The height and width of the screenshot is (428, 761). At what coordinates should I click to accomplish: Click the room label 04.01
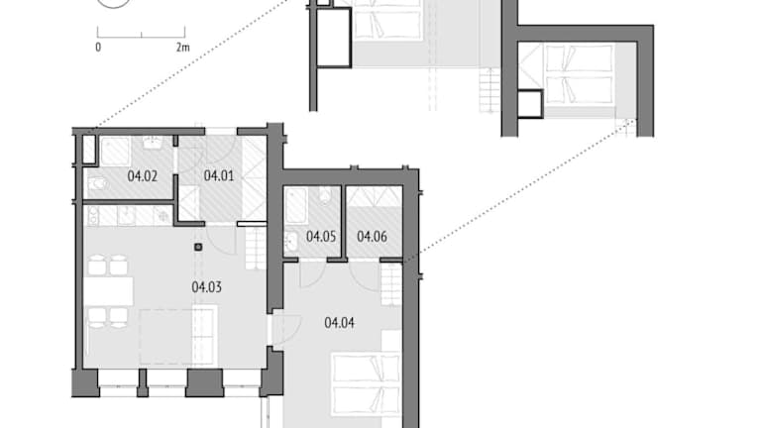pyautogui.click(x=218, y=175)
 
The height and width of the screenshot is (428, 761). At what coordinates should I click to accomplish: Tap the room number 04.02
pyautogui.click(x=143, y=175)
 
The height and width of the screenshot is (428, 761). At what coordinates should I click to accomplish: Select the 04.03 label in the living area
pyautogui.click(x=206, y=286)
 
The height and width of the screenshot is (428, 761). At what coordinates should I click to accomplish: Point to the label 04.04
pyautogui.click(x=339, y=322)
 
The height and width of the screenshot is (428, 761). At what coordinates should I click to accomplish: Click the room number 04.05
pyautogui.click(x=321, y=237)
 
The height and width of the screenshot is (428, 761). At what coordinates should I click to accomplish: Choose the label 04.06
pyautogui.click(x=372, y=237)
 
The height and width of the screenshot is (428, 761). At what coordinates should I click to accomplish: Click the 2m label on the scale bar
pyautogui.click(x=183, y=48)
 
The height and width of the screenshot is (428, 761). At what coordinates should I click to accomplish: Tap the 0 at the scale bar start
pyautogui.click(x=98, y=48)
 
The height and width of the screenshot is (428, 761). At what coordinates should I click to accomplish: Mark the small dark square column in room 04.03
pyautogui.click(x=198, y=247)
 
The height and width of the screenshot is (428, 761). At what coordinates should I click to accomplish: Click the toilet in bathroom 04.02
pyautogui.click(x=97, y=184)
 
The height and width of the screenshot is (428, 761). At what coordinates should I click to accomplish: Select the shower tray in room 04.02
pyautogui.click(x=115, y=151)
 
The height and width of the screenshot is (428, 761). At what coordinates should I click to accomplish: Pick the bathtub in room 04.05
pyautogui.click(x=296, y=206)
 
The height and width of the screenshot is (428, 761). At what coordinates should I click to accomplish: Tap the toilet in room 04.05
pyautogui.click(x=325, y=194)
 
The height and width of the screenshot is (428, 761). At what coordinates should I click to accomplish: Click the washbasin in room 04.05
pyautogui.click(x=291, y=241)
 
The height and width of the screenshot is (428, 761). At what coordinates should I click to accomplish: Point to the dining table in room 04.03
pyautogui.click(x=109, y=291)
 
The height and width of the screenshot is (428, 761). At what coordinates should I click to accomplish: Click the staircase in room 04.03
pyautogui.click(x=256, y=249)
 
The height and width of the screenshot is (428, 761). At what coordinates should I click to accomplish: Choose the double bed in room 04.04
pyautogui.click(x=367, y=384)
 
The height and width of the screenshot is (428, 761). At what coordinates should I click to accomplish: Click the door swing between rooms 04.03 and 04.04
pyautogui.click(x=286, y=330)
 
